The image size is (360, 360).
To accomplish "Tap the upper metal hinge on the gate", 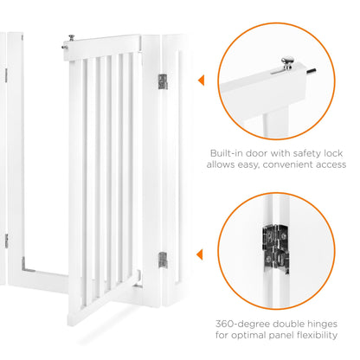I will pos(162,80).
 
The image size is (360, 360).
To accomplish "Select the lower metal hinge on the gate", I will pos(162,259).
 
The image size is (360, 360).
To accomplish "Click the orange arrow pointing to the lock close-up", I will pos(201,80).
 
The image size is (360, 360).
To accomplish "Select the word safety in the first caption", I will pos(307,153).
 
